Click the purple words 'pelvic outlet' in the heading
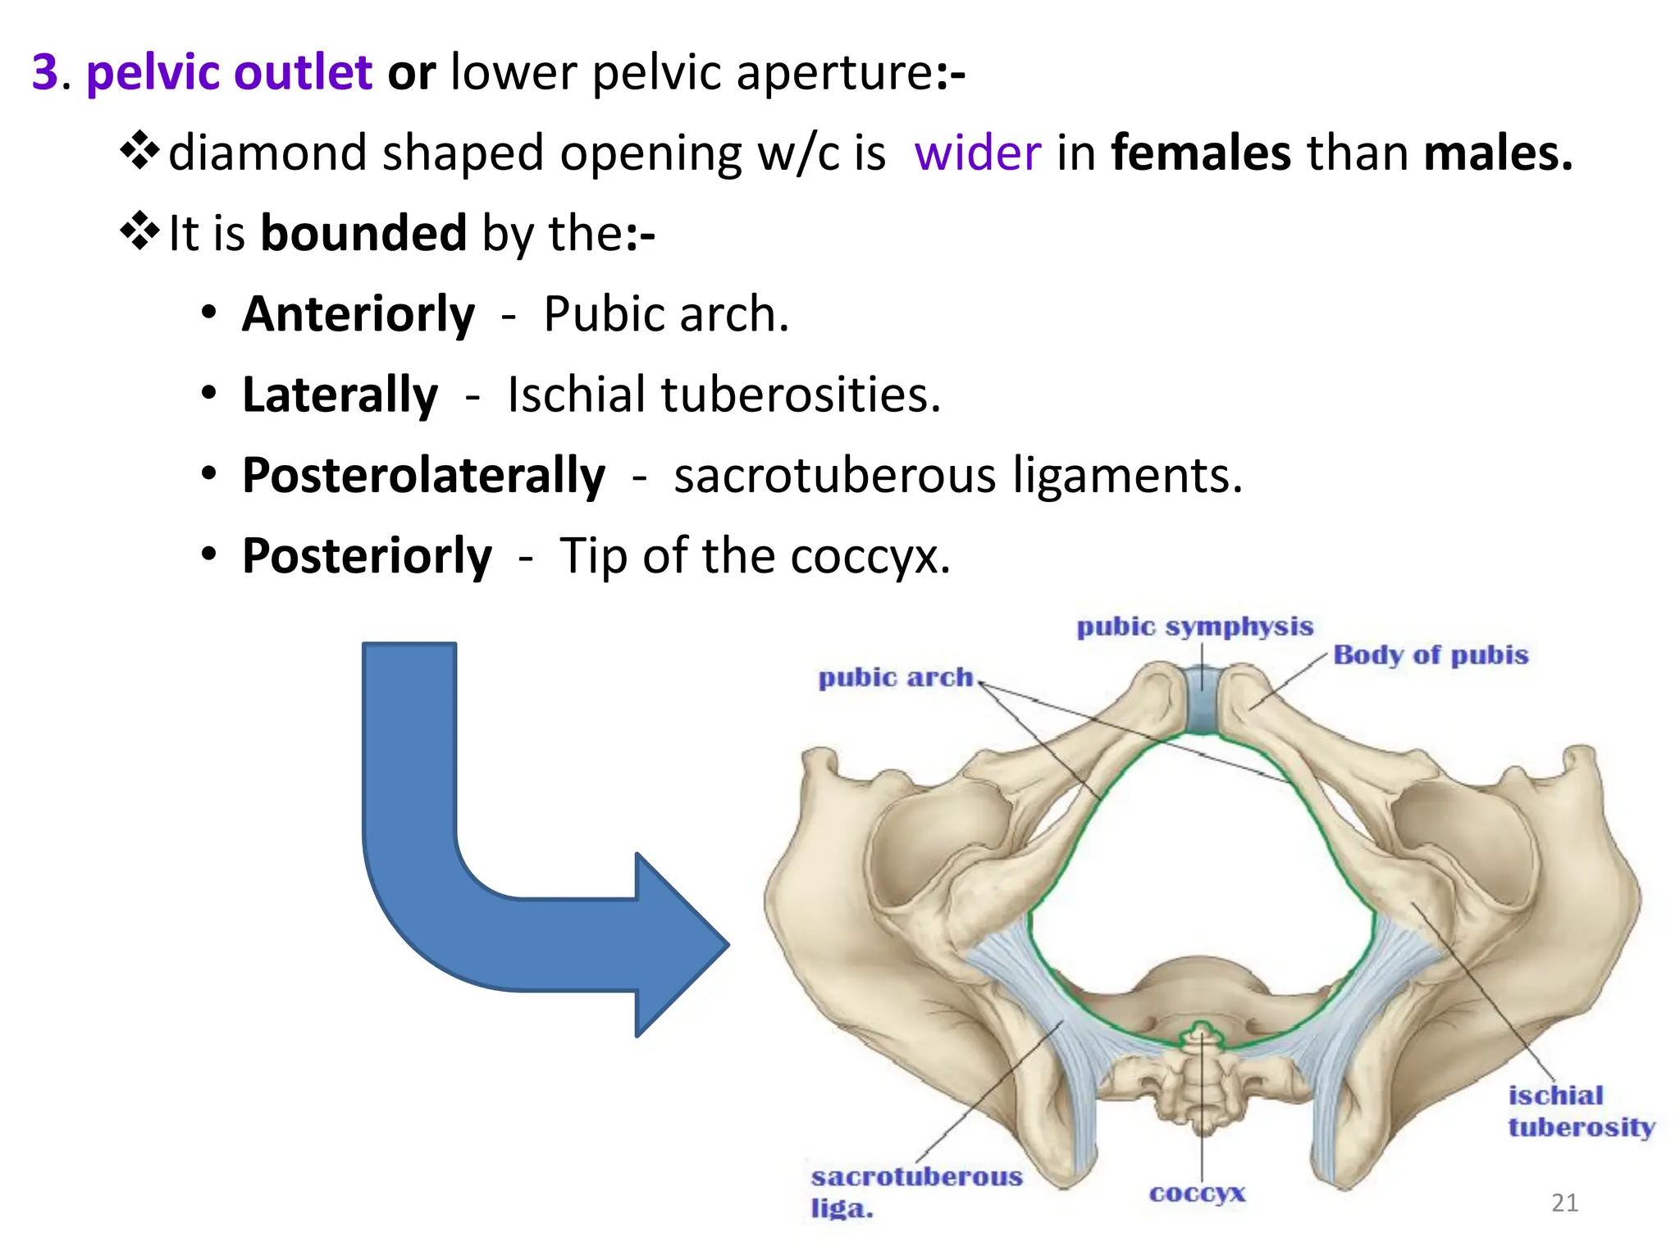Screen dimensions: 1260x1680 pos(229,72)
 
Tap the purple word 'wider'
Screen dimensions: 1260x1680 pos(977,153)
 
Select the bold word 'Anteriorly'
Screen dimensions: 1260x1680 pos(358,314)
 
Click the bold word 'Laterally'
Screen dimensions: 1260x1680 pos(340,395)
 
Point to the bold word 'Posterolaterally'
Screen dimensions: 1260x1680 pos(423,475)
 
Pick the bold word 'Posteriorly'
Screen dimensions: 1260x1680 pos(367,556)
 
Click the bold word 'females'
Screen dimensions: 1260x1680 pos(1201,153)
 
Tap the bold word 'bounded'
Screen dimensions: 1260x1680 pos(363,234)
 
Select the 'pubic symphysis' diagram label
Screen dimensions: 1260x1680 pos(1194,627)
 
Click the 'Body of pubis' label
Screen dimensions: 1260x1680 pos(1431,655)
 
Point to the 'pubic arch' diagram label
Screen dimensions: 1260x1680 pos(895,678)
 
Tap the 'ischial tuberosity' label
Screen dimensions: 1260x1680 pos(1579,1112)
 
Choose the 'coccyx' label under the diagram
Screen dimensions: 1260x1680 pos(1197,1193)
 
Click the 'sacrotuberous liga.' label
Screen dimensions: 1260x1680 pos(915,1191)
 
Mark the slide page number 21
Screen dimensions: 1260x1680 pos(1564,1203)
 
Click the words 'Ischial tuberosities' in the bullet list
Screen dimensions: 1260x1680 pos(724,395)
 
